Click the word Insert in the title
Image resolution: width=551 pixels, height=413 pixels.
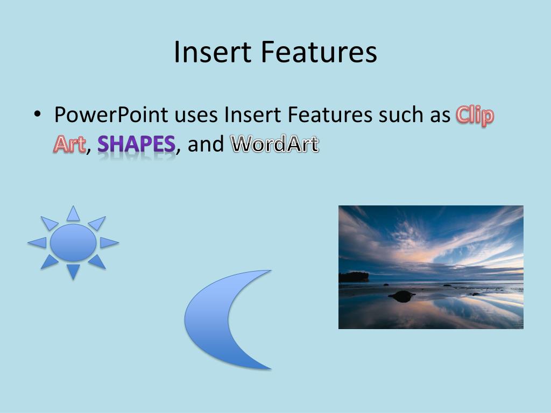pos(213,52)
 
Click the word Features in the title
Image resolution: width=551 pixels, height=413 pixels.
pos(319,52)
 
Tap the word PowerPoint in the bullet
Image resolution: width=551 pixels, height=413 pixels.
pos(111,115)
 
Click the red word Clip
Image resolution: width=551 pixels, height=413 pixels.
pos(475,115)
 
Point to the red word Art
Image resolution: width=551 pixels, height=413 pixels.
pos(69,144)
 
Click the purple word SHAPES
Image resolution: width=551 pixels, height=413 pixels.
pos(136,144)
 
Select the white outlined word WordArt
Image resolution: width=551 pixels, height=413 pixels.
pos(274,144)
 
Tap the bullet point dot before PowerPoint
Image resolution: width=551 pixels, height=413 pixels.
pos(37,114)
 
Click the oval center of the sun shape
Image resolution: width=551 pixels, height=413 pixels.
pos(73,243)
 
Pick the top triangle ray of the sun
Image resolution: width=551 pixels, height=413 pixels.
pos(73,213)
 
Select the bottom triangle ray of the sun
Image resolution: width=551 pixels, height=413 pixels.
pos(73,272)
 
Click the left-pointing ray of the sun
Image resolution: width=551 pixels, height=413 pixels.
pos(38,243)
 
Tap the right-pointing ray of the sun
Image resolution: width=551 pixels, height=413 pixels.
pos(109,243)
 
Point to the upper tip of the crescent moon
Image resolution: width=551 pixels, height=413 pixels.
pos(270,270)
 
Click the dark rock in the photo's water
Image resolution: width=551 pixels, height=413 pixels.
pos(402,296)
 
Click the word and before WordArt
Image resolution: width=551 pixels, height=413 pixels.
pos(206,144)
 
